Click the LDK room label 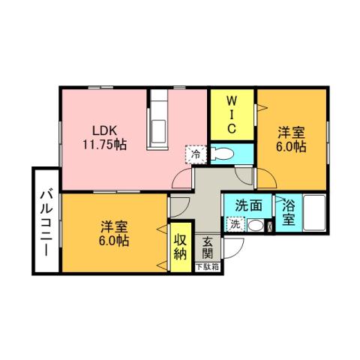[105, 127]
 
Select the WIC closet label [232, 113]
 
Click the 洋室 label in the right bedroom [291, 132]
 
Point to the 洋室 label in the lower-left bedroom [115, 226]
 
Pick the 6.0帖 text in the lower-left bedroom [115, 241]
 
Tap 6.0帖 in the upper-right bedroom [291, 147]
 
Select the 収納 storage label [180, 245]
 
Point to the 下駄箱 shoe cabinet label [208, 265]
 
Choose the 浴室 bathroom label [288, 212]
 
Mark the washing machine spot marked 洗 [235, 224]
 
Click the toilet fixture [223, 155]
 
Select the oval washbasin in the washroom [256, 226]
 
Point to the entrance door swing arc [235, 255]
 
